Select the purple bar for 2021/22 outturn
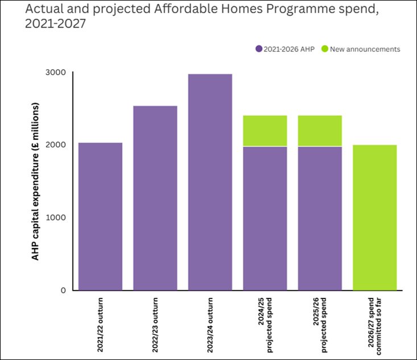click(x=100, y=216)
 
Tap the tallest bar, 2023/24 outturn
click(x=210, y=182)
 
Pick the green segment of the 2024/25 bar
click(x=265, y=131)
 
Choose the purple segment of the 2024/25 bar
click(x=265, y=218)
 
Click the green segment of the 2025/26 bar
click(x=320, y=131)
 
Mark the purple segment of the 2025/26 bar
click(x=320, y=218)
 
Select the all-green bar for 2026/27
click(x=375, y=217)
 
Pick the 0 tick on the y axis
click(x=63, y=290)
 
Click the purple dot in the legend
click(x=259, y=49)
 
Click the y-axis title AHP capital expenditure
click(x=35, y=181)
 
